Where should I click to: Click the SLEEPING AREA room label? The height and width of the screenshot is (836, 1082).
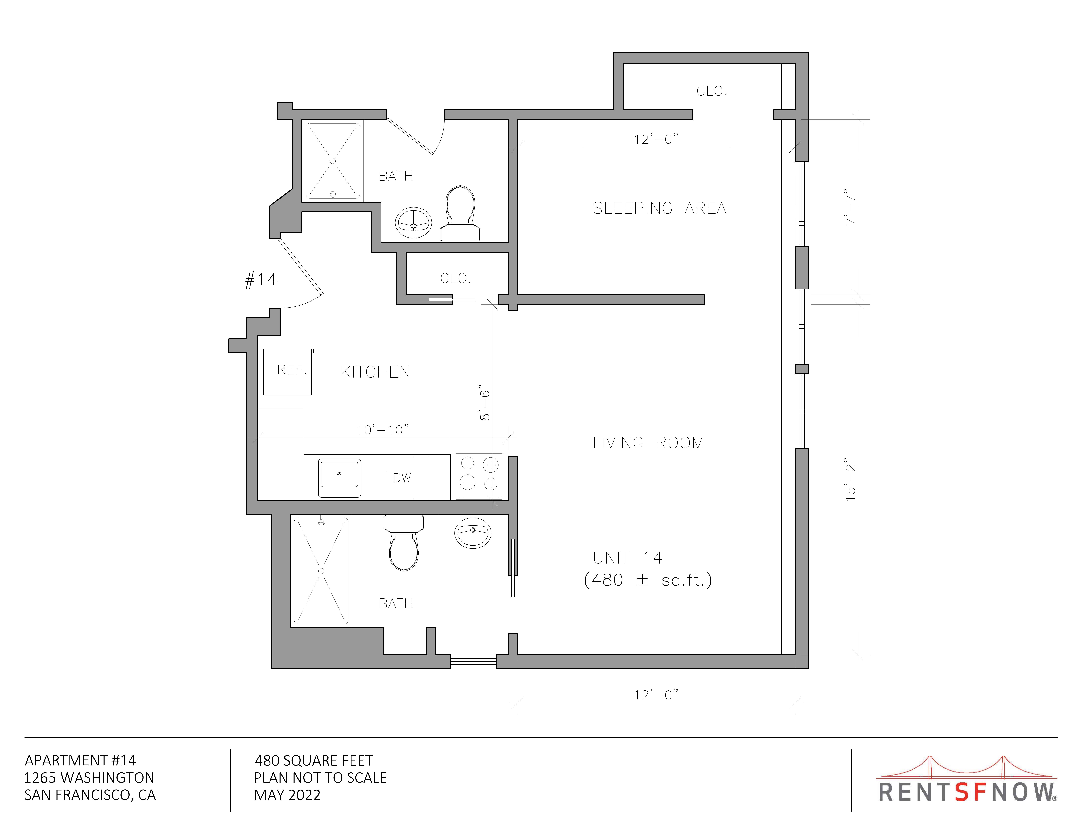pos(659,208)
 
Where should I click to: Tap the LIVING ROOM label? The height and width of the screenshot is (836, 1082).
pos(648,443)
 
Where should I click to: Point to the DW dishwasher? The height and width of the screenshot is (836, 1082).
pos(407,478)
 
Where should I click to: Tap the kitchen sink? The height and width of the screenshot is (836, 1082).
pos(339,478)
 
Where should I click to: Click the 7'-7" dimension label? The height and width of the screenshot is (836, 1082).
pos(850,207)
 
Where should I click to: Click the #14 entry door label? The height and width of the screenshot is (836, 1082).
pos(261,280)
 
